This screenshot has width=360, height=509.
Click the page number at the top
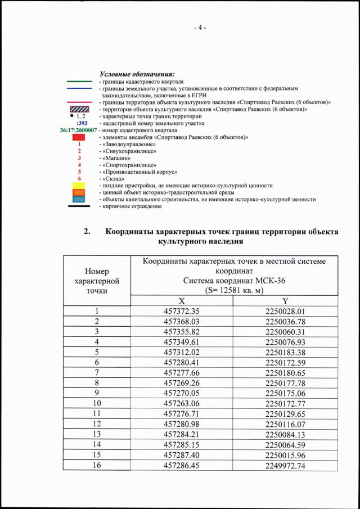[200, 28]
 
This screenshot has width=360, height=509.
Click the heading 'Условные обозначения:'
[137, 74]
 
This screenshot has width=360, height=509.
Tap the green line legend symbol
[79, 82]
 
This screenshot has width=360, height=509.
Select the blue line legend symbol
[79, 88]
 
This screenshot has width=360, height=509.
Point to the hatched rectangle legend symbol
[79, 109]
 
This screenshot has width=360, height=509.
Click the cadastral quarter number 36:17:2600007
[78, 130]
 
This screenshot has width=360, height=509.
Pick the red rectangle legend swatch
[79, 137]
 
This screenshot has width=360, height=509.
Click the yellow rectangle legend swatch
[79, 185]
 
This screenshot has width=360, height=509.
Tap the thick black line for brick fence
[79, 206]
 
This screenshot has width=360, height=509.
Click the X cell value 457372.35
[182, 311]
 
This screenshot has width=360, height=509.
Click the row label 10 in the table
[97, 403]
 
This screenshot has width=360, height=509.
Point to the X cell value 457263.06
[182, 403]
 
